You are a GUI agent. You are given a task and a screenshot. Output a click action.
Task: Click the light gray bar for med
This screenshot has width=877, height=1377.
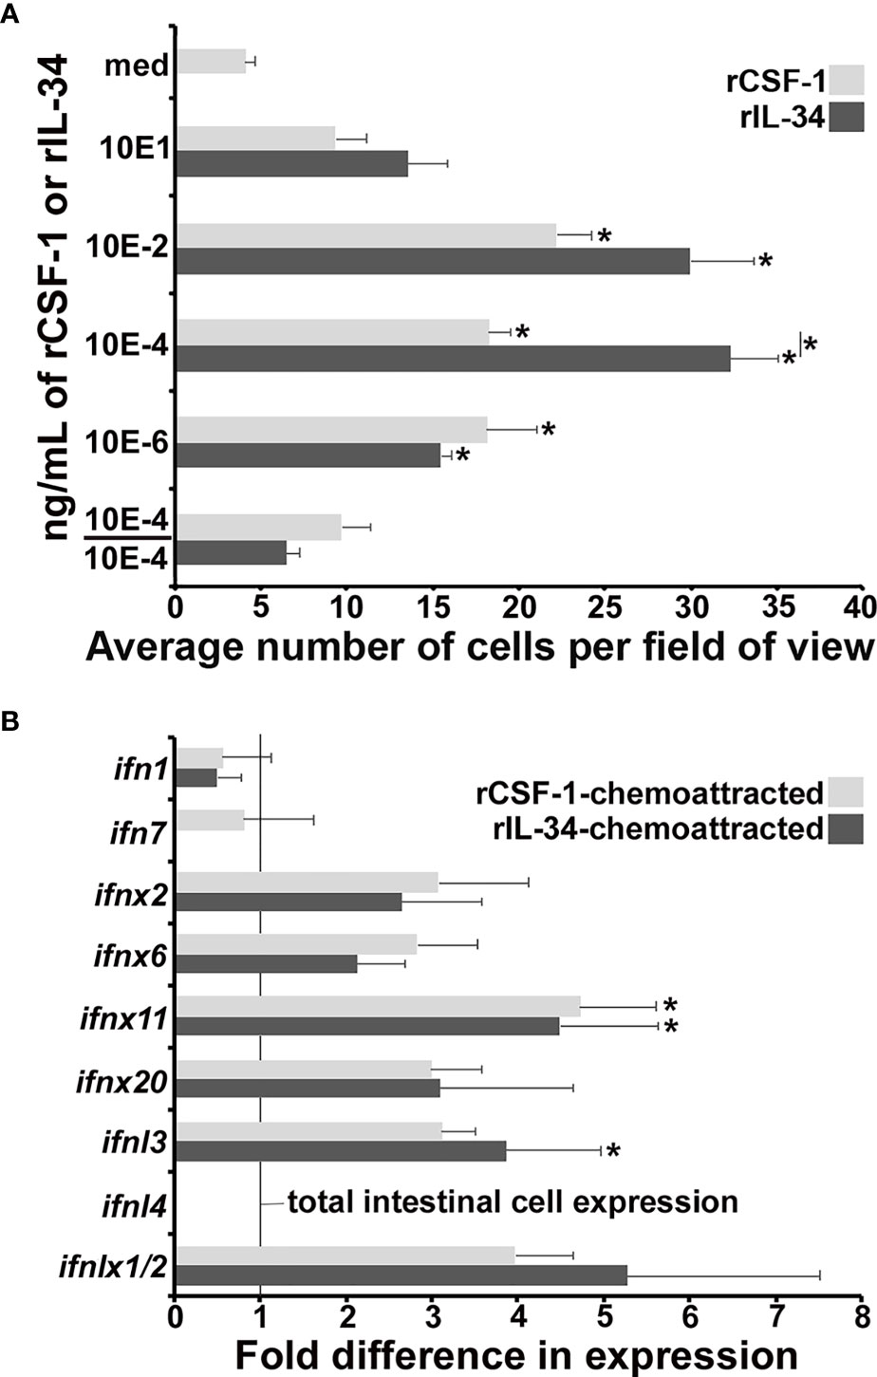(x=211, y=62)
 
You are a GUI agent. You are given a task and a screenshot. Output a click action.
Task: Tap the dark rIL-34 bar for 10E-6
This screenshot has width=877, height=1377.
(x=308, y=455)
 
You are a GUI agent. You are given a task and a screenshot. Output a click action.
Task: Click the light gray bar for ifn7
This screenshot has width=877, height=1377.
(x=210, y=820)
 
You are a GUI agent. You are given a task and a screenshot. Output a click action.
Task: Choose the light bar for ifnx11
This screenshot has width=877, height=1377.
(x=378, y=1005)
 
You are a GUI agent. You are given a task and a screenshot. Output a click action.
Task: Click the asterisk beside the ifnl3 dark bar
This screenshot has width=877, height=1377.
(x=613, y=1151)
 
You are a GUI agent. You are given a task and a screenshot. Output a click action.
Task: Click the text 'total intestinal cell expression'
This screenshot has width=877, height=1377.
(x=513, y=1202)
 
